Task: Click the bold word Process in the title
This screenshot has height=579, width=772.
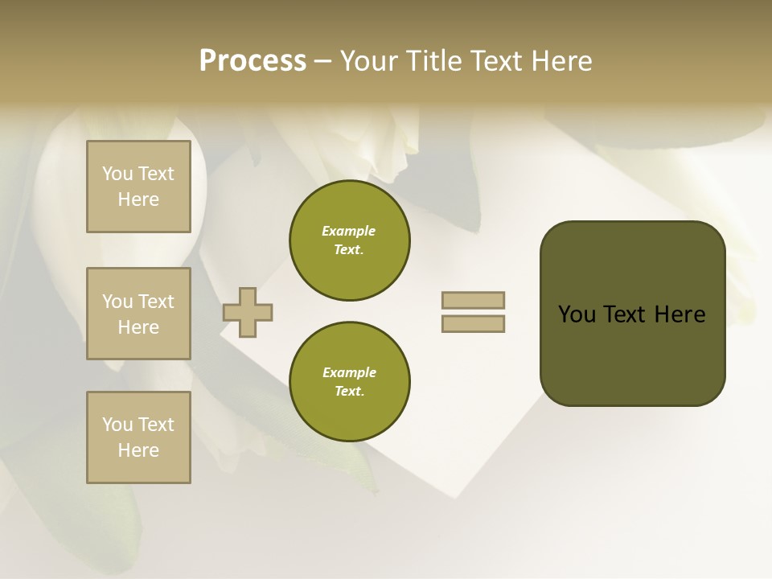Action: tap(253, 61)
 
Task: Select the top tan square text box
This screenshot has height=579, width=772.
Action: tap(138, 187)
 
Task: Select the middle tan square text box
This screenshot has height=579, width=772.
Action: tap(138, 314)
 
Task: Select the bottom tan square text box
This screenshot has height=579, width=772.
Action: tap(138, 437)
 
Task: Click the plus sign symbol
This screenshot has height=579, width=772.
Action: tap(248, 312)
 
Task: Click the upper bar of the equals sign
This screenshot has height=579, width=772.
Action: tap(473, 300)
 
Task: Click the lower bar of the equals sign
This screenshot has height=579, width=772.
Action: tap(473, 324)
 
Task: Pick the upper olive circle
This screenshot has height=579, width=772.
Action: tap(349, 240)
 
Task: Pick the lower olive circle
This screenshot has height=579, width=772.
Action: tap(349, 382)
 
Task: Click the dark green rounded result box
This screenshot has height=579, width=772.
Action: tap(632, 314)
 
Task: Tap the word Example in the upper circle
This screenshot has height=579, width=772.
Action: tap(349, 231)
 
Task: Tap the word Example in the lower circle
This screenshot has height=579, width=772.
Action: tap(349, 372)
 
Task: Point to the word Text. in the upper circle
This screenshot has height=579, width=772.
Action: tap(349, 250)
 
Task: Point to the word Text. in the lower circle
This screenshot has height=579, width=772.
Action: tap(349, 392)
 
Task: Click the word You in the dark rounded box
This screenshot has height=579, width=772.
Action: tap(577, 314)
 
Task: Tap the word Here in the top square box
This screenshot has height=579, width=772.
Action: tap(138, 199)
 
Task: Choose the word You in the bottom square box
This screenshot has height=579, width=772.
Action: tap(117, 425)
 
